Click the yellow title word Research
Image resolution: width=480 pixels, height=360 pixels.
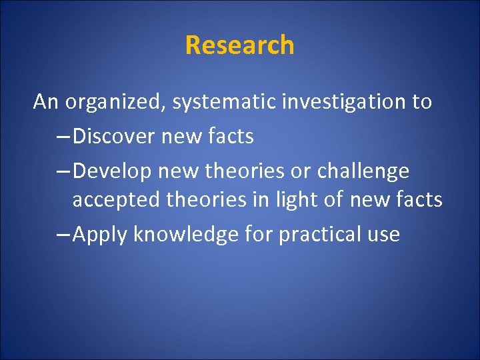coord(239,45)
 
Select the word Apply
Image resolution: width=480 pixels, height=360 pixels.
coord(100,234)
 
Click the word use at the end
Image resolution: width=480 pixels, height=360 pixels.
coord(384,235)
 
